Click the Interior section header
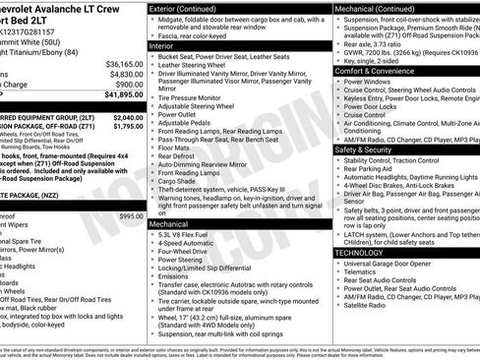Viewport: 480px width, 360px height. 162,45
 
